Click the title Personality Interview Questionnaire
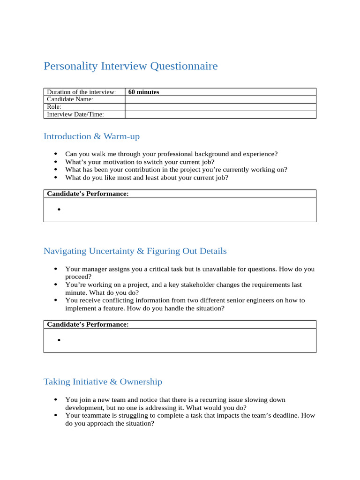click(x=130, y=66)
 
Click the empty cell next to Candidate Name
click(x=220, y=99)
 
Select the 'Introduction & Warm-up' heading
click(x=91, y=136)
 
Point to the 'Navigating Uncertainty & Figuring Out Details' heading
click(x=135, y=251)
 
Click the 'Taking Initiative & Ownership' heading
click(x=103, y=382)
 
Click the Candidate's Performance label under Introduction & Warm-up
click(x=88, y=194)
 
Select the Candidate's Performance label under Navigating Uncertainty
click(x=88, y=324)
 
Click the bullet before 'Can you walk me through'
click(x=56, y=154)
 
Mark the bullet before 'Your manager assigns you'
click(x=56, y=269)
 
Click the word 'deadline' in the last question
click(x=284, y=415)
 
